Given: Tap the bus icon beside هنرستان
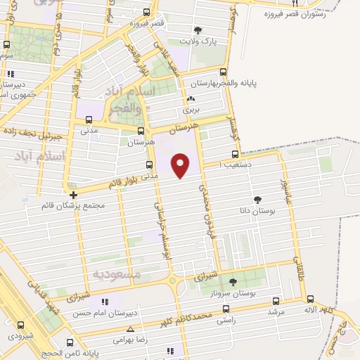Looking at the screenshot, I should tap(141, 131).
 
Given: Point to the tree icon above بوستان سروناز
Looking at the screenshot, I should tap(233, 281).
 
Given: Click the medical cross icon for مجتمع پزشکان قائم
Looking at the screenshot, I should tap(73, 195).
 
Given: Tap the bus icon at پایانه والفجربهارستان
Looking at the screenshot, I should tap(224, 72).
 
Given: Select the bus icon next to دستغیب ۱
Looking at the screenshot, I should tap(236, 154).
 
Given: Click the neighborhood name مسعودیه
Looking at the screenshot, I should tap(117, 273).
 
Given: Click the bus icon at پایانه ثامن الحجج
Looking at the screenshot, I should tap(68, 344).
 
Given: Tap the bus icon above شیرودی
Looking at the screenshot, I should tap(20, 325).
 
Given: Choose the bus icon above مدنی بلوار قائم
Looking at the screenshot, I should tap(148, 165).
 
